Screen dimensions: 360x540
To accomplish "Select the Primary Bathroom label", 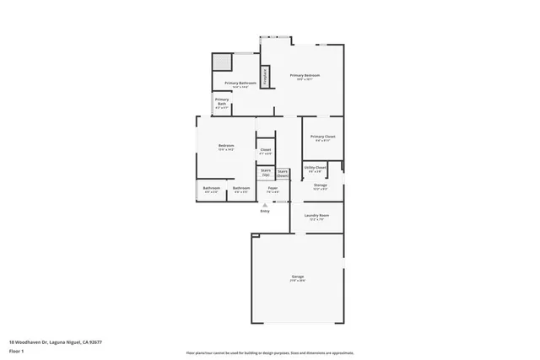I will pyautogui.click(x=240, y=83).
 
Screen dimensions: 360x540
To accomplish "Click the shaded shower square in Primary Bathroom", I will pyautogui.click(x=222, y=63).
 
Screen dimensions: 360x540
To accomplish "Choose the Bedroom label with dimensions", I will pyautogui.click(x=226, y=147).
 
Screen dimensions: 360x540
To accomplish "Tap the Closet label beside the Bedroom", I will pyautogui.click(x=265, y=151).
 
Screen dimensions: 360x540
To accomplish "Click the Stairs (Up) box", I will pyautogui.click(x=265, y=172).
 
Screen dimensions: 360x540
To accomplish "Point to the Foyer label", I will pyautogui.click(x=273, y=190).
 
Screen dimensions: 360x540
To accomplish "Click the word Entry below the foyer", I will pyautogui.click(x=265, y=211).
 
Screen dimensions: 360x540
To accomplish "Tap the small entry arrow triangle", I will pyautogui.click(x=265, y=204).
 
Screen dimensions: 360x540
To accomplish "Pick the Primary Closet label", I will pyautogui.click(x=323, y=137).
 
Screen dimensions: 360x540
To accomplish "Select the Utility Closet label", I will pyautogui.click(x=315, y=168).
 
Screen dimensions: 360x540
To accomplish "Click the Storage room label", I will pyautogui.click(x=321, y=185).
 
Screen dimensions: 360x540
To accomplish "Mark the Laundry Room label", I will pyautogui.click(x=316, y=217).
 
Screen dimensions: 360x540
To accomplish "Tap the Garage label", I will pyautogui.click(x=298, y=277).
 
